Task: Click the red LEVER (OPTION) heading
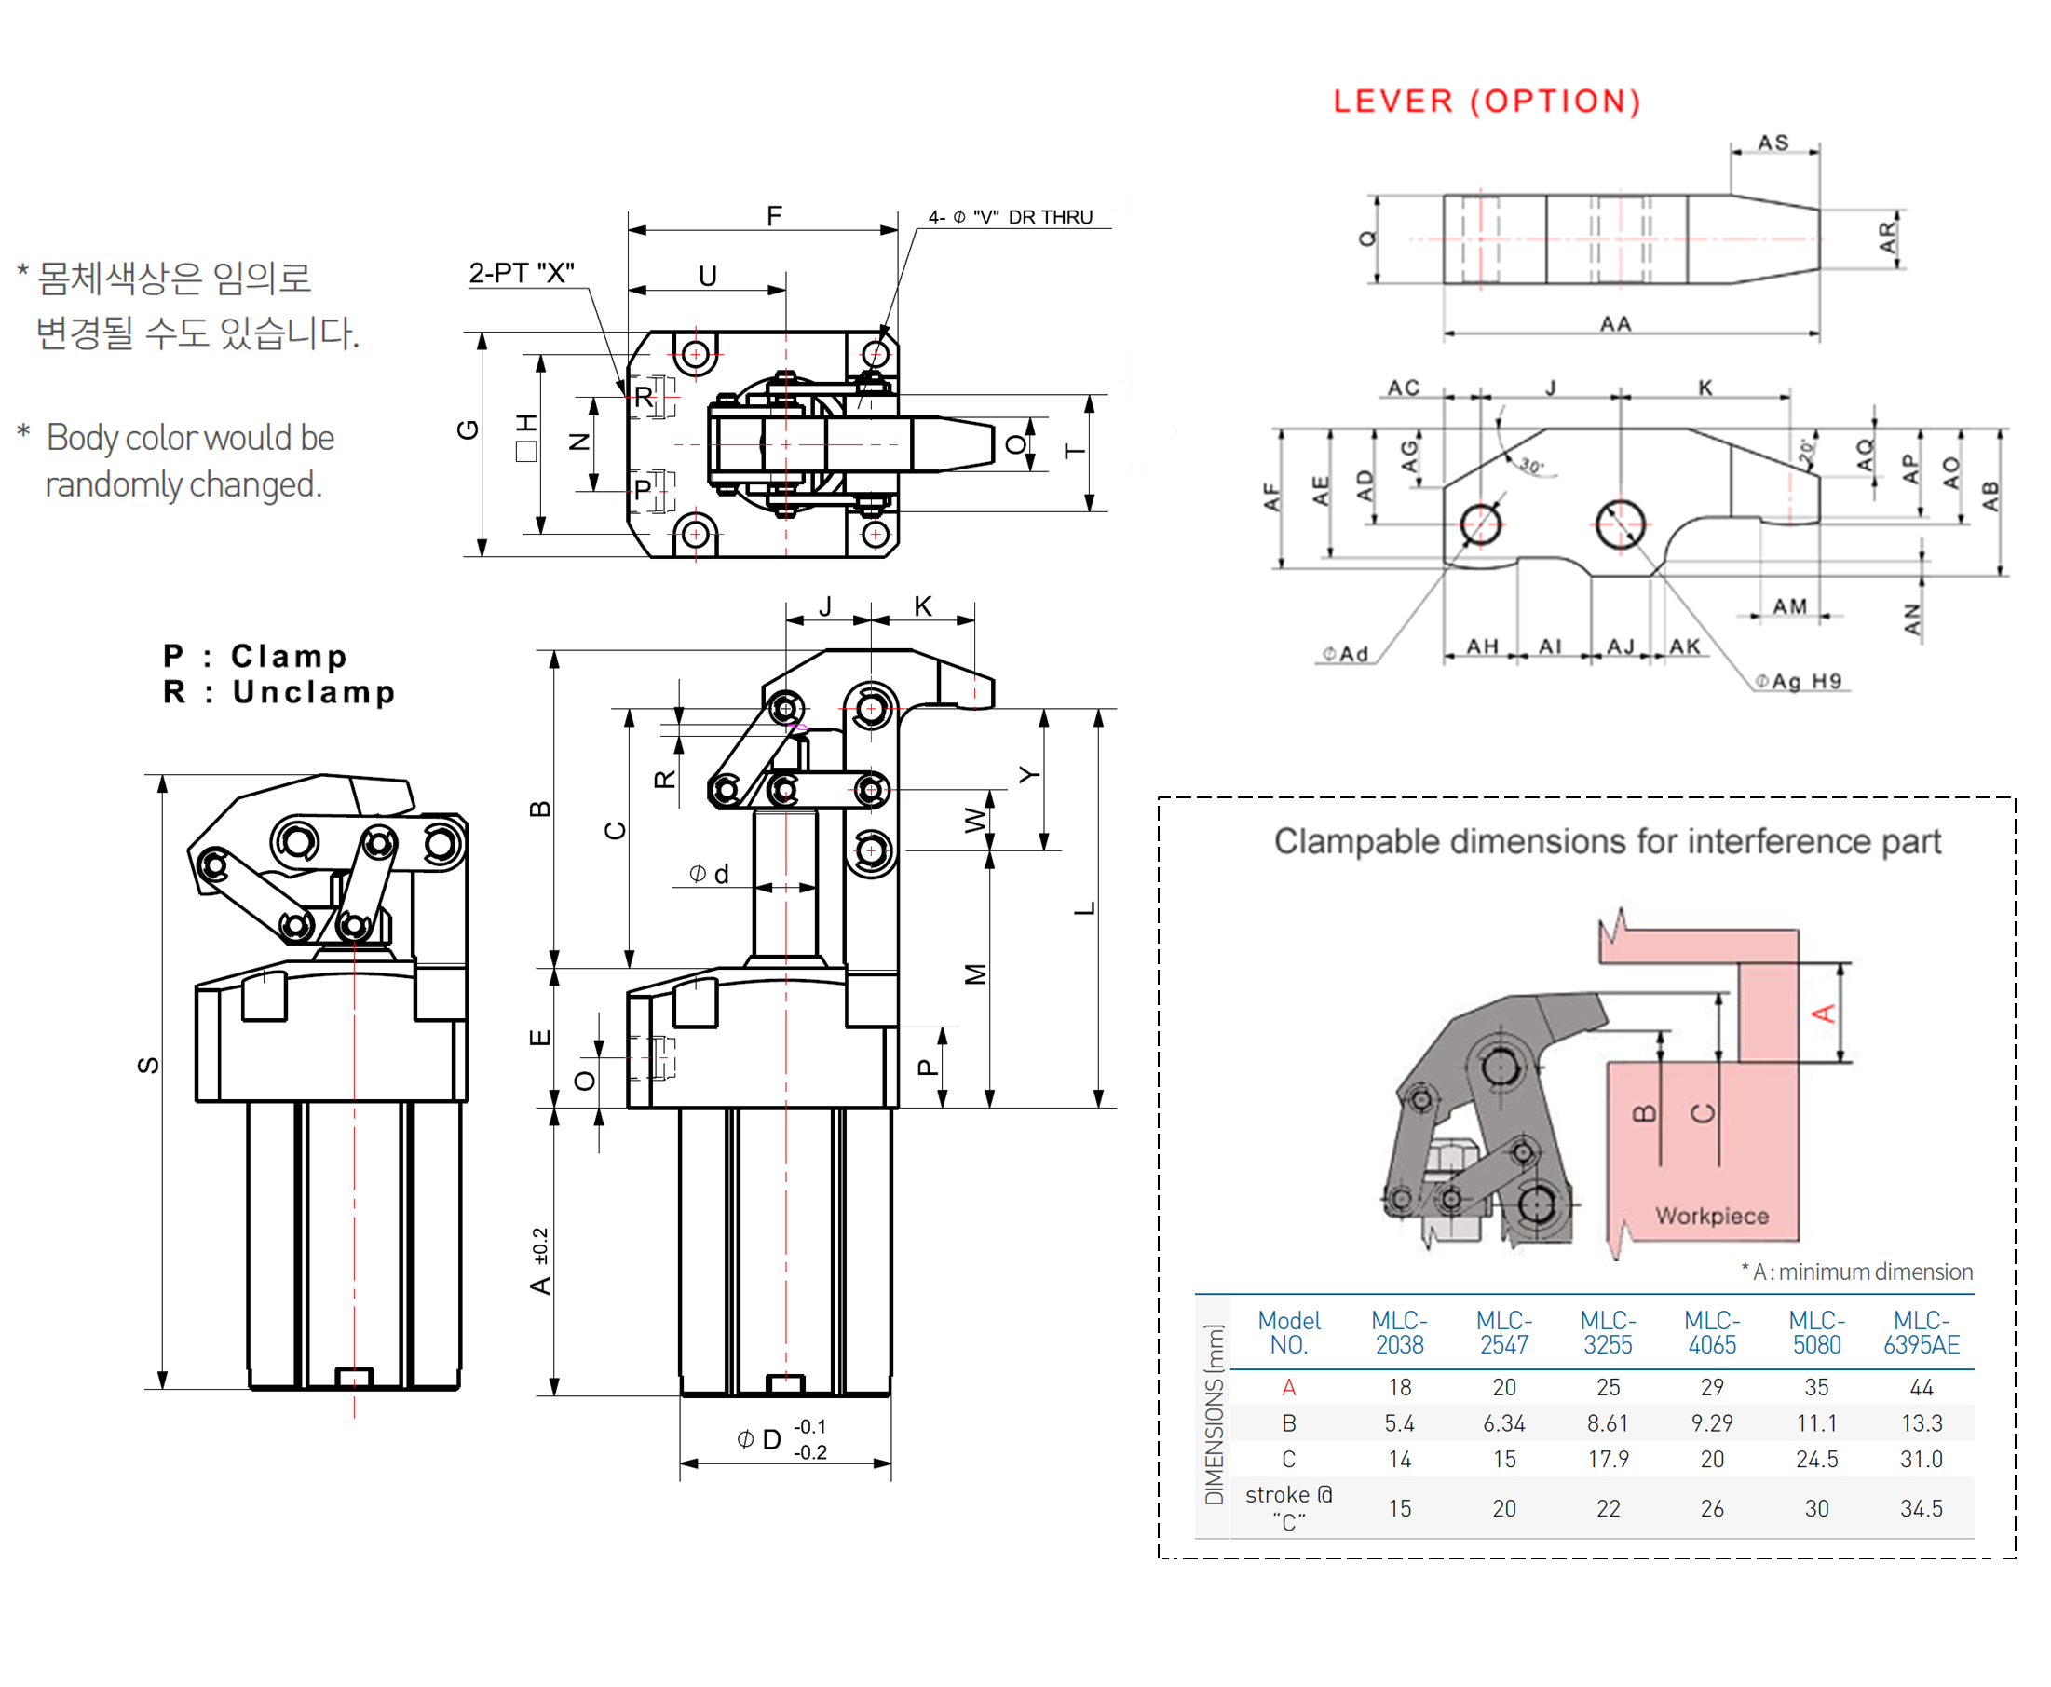pos(1486,101)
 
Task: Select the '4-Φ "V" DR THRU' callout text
pos(1010,217)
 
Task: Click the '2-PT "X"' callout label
pos(521,273)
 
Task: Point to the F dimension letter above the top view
pos(773,215)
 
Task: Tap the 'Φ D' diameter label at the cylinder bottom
pos(759,1438)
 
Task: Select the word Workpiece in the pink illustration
pos(1711,1215)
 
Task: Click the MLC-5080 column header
pos(1815,1331)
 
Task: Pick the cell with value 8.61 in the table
pos(1607,1422)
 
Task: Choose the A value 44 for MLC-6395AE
pos(1920,1387)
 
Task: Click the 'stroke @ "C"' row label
pos(1288,1507)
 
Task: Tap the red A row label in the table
pos(1288,1387)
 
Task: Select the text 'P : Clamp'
pos(254,656)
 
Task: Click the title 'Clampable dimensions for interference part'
pos(1606,840)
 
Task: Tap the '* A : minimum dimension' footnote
pos(1855,1272)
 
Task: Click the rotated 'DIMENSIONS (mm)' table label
pos(1213,1414)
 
